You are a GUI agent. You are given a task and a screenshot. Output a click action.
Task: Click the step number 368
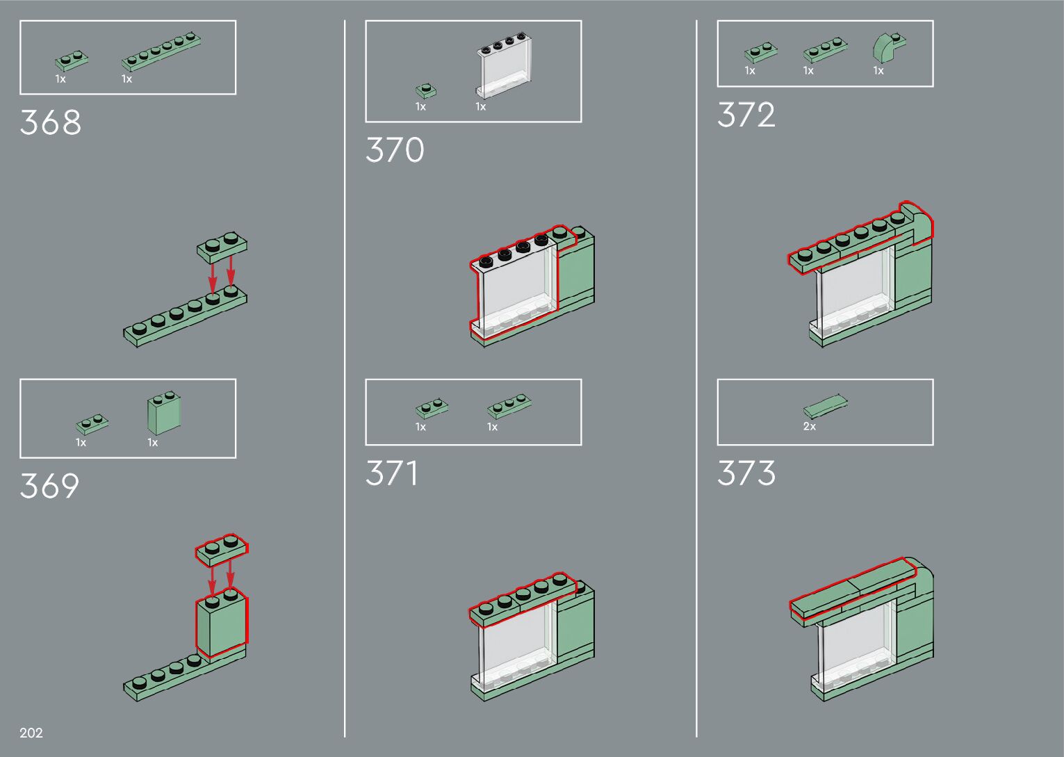click(x=51, y=122)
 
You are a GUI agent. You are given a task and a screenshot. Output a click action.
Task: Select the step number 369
click(x=49, y=486)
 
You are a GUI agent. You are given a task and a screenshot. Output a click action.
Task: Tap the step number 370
click(x=395, y=150)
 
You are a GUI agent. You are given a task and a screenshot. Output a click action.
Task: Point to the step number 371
click(x=392, y=473)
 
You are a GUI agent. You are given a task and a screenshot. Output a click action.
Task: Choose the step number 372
click(x=746, y=115)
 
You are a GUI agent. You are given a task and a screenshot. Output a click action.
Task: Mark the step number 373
click(x=746, y=473)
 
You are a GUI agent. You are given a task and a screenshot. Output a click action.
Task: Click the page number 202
click(x=31, y=733)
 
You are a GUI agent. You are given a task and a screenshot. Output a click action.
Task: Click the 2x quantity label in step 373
click(x=810, y=426)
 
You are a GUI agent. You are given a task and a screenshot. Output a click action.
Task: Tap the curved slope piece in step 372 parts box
click(x=887, y=48)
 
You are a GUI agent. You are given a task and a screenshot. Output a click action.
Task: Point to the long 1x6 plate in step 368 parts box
click(x=161, y=52)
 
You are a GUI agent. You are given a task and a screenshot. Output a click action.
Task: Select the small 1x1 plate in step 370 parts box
click(x=426, y=91)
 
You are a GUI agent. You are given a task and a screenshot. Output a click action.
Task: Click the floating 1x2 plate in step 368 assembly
click(x=222, y=247)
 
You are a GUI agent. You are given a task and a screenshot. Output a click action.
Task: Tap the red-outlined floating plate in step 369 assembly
click(x=222, y=550)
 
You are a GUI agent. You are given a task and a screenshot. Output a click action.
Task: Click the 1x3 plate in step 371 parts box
click(x=510, y=407)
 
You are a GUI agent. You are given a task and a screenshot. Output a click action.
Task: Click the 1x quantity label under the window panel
click(x=481, y=106)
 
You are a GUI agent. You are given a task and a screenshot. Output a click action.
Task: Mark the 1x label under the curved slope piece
click(x=878, y=70)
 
